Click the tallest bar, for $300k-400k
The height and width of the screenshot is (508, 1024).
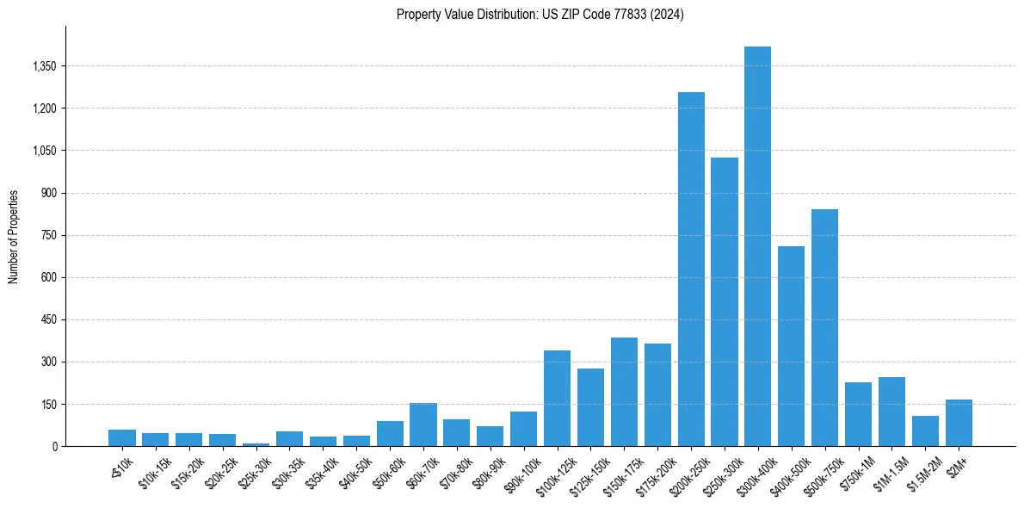[x=757, y=246]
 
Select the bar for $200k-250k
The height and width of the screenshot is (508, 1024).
[x=691, y=269]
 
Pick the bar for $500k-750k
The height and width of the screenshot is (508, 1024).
[x=824, y=327]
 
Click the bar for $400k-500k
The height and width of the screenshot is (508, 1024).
[x=791, y=346]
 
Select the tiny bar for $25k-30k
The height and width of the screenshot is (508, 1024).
[x=256, y=444]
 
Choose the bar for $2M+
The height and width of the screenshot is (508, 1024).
[x=959, y=423]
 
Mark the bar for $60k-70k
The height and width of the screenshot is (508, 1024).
[x=423, y=424]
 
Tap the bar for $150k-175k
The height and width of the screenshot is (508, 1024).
[x=624, y=392]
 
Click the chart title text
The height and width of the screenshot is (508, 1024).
[x=540, y=15]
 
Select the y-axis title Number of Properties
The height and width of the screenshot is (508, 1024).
[x=14, y=237]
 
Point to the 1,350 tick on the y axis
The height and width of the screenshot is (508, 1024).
[x=42, y=66]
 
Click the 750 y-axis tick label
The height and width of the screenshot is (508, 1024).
[x=46, y=235]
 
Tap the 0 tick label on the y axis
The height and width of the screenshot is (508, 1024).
[x=53, y=446]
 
